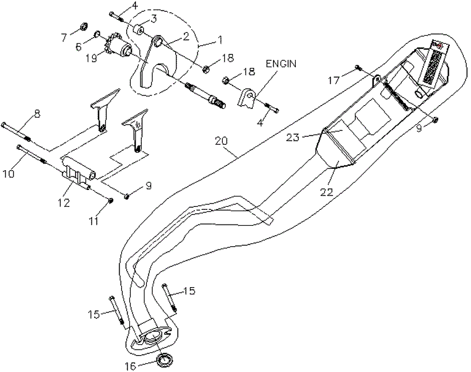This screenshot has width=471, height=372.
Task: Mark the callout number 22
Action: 340,192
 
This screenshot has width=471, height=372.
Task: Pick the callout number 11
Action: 94,220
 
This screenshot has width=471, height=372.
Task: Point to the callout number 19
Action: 91,58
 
